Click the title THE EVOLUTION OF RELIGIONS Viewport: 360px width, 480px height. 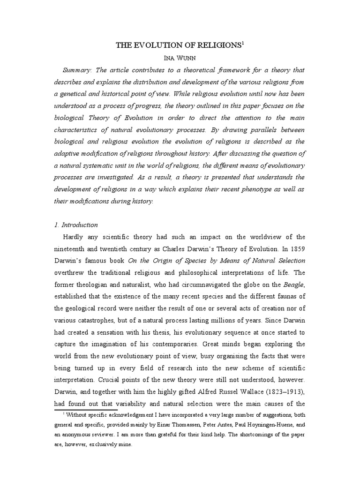tap(178, 45)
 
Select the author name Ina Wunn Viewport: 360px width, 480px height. tap(180, 58)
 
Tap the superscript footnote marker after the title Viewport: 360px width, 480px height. tap(243, 43)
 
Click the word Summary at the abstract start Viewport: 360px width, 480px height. tap(76, 70)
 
